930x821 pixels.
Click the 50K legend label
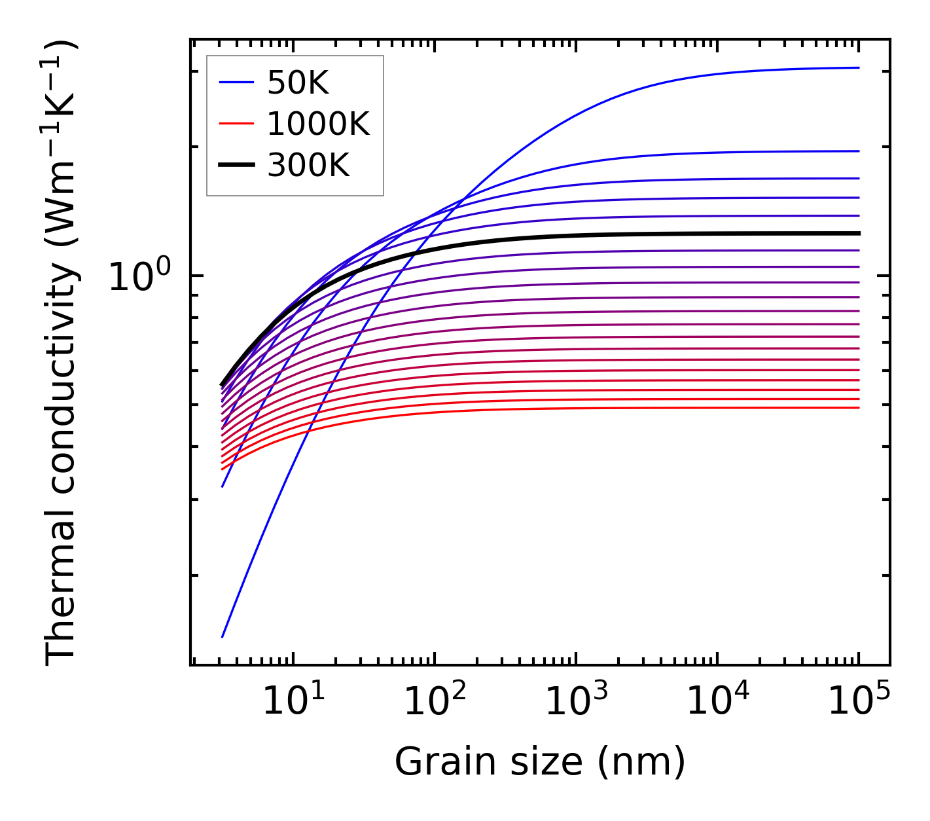coord(298,83)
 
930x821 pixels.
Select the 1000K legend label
coord(318,124)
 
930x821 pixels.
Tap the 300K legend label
coord(308,166)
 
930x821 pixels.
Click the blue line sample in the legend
coord(236,82)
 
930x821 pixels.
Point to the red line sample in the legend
coord(236,124)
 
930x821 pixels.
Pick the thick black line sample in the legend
coord(236,166)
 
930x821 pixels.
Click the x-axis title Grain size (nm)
coord(540,762)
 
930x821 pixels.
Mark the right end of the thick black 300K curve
coord(859,233)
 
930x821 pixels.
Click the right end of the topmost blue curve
coord(859,67)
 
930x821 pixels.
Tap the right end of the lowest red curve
coord(859,408)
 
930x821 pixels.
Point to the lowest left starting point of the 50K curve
coord(223,636)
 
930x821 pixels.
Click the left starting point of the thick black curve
coord(223,385)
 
